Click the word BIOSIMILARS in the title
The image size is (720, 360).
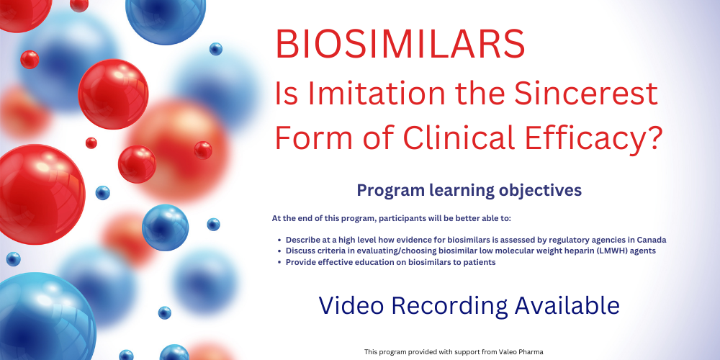pyautogui.click(x=400, y=44)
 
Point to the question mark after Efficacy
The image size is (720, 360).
pyautogui.click(x=653, y=138)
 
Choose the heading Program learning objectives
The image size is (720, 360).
pyautogui.click(x=469, y=190)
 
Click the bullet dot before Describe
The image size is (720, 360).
pyautogui.click(x=279, y=240)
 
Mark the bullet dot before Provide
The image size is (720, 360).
pyautogui.click(x=279, y=263)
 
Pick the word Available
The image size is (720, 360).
pyautogui.click(x=567, y=305)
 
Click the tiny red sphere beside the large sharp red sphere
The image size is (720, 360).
pyautogui.click(x=91, y=143)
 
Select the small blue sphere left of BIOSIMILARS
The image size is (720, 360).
pyautogui.click(x=216, y=49)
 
